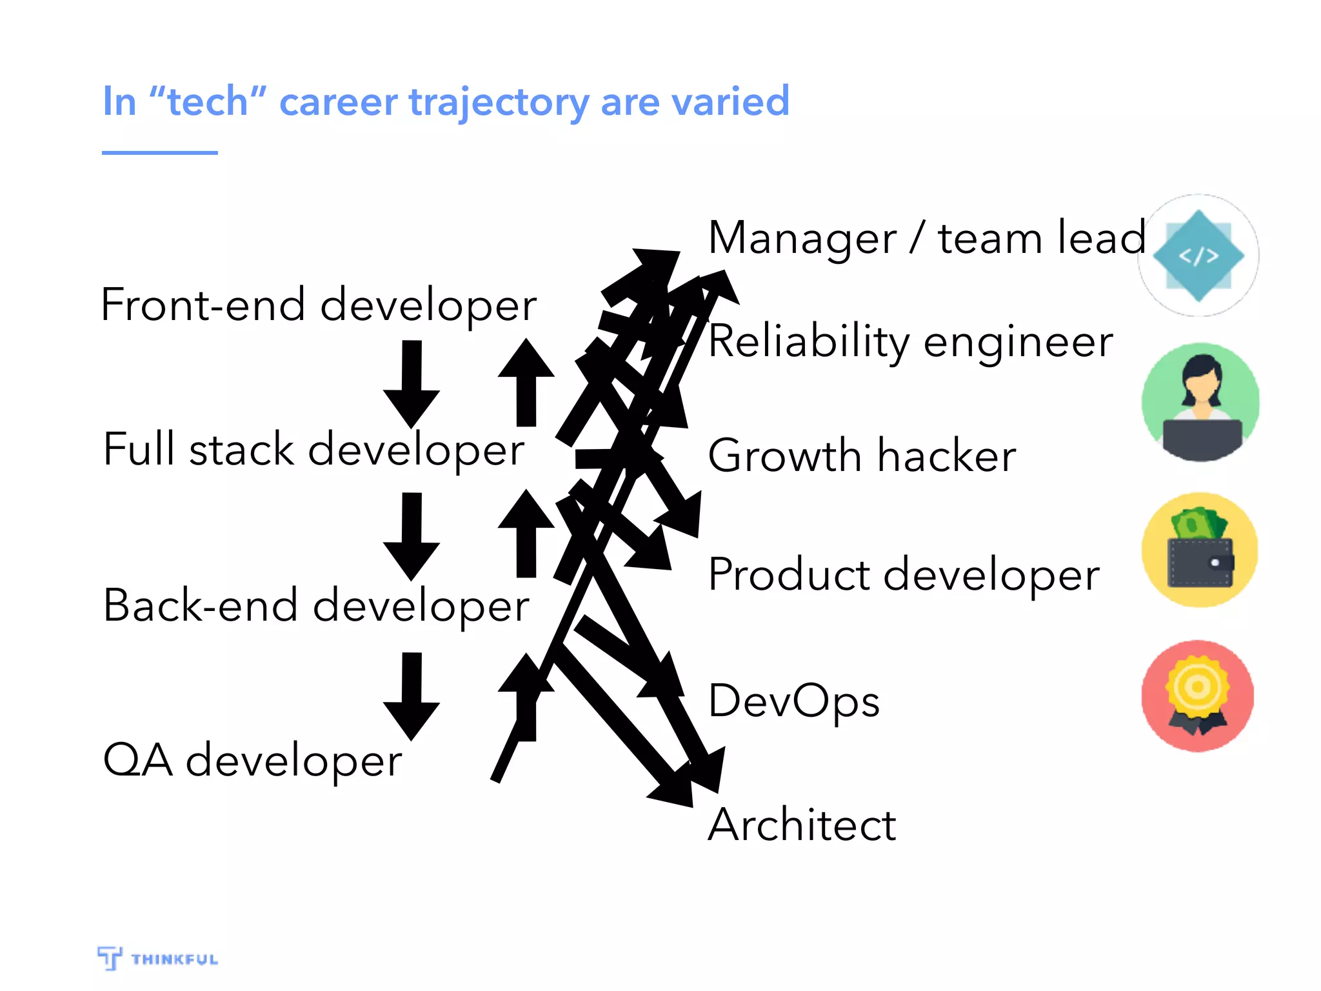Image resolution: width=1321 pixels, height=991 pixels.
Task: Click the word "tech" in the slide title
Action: point(207,102)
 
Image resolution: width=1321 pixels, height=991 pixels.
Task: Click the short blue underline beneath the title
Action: point(159,153)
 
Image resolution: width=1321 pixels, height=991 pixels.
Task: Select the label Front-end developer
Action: point(319,305)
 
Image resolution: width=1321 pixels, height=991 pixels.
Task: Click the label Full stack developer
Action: point(313,450)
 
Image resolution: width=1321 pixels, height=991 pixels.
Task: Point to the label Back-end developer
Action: point(316,606)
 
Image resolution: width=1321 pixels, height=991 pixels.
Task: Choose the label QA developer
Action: point(252,760)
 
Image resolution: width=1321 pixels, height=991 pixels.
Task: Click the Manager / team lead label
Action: point(926,238)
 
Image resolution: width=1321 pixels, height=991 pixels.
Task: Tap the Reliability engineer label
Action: point(910,341)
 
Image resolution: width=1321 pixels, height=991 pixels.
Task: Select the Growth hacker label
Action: point(862,455)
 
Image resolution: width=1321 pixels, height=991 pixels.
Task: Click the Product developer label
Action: point(903,574)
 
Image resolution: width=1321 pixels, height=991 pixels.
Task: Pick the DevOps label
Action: point(793,701)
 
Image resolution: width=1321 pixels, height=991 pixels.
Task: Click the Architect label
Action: point(802,825)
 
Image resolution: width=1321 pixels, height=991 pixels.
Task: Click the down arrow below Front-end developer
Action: point(412,384)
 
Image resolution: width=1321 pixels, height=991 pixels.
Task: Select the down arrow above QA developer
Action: point(412,696)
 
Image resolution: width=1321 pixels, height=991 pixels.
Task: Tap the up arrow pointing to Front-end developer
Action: point(526,382)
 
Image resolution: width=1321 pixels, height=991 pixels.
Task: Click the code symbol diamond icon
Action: point(1198,255)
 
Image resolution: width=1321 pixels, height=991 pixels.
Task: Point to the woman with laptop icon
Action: point(1200,402)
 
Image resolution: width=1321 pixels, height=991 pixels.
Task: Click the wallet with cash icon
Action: point(1200,550)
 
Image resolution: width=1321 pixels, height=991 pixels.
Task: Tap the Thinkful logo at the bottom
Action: point(158,958)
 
